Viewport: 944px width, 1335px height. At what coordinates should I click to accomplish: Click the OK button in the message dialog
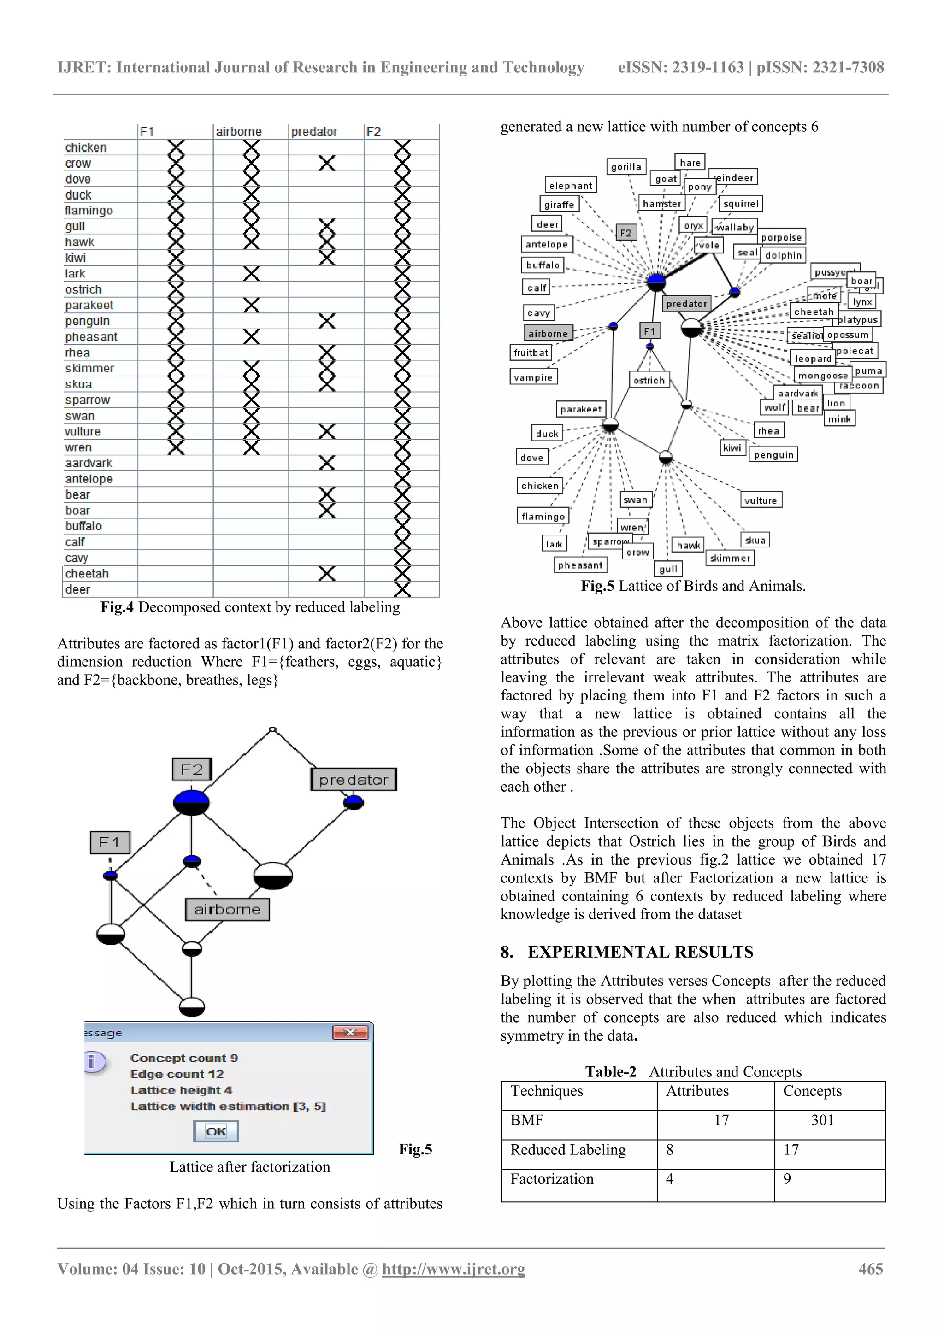(216, 1131)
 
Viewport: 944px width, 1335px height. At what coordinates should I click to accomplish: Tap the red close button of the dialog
(350, 1032)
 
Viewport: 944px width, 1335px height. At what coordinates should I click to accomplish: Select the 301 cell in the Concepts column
(822, 1120)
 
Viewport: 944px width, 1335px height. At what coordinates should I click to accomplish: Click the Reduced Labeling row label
(568, 1149)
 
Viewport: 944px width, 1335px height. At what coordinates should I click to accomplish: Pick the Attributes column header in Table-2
(697, 1091)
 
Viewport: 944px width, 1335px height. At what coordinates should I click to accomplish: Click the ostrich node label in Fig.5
(649, 380)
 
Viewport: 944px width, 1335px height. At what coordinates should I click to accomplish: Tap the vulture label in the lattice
(760, 500)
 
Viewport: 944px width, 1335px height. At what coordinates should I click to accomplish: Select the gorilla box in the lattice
(626, 167)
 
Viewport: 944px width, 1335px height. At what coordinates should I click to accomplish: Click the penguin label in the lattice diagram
(773, 455)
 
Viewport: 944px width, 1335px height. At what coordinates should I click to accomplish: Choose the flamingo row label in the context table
(89, 211)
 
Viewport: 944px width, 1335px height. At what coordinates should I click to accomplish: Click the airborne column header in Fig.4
(238, 132)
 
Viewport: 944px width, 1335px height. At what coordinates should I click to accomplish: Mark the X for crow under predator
(327, 164)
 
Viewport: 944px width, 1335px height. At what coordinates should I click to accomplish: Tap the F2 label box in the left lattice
(191, 769)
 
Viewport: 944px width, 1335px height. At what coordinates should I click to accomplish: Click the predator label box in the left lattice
(354, 780)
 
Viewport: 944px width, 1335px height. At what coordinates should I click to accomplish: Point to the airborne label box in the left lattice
(227, 909)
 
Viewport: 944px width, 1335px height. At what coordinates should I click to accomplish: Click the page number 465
(870, 1269)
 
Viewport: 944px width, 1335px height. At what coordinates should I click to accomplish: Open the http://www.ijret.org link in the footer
(453, 1269)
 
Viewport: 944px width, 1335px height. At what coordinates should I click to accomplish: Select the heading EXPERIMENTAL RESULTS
(640, 952)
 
